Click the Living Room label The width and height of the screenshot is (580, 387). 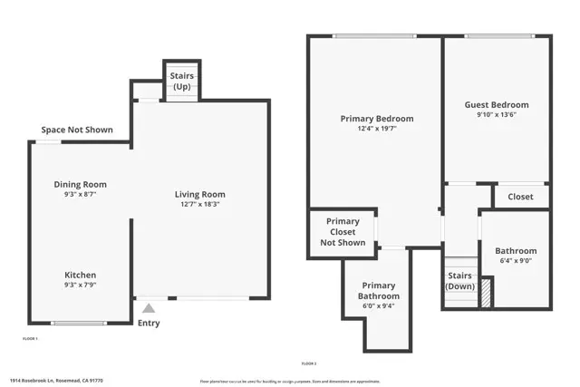coord(199,194)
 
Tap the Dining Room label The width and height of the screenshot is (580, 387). coord(80,184)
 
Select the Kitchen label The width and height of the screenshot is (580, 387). coord(80,275)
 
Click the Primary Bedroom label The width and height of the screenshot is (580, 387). coord(376,119)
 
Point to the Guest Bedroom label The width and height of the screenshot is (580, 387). coord(496,105)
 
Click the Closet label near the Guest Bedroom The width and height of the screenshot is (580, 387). coord(520,197)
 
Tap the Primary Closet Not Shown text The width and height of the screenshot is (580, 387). coord(343,232)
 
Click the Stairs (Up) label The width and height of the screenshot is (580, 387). coord(181,82)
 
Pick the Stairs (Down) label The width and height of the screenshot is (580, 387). coord(459,281)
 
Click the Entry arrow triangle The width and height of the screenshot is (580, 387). coord(148,308)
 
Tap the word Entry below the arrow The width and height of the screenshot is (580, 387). coord(148,323)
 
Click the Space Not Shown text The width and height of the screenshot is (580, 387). coord(77,130)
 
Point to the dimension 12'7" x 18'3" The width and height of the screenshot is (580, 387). coord(199,205)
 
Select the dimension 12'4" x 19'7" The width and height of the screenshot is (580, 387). coord(376,130)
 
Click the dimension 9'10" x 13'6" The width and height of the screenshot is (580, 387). coord(496,115)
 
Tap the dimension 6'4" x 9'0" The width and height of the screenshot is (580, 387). coord(515,262)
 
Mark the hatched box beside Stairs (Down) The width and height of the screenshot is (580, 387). coord(485,294)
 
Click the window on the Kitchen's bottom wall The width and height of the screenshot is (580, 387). coord(79,323)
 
